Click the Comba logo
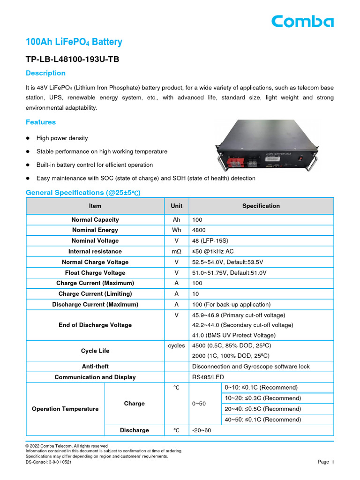click(x=302, y=22)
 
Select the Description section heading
click(x=45, y=73)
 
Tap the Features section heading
click(x=40, y=122)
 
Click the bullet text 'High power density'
click(x=62, y=138)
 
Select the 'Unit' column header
click(x=177, y=206)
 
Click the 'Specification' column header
click(x=261, y=206)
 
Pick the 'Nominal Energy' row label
click(x=95, y=230)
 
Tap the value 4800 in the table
click(x=199, y=230)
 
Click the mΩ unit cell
click(x=177, y=252)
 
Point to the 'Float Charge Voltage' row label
click(x=95, y=273)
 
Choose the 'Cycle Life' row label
click(x=95, y=351)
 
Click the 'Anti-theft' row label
click(x=95, y=367)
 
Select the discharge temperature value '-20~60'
click(x=202, y=430)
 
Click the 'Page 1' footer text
click(x=325, y=462)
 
